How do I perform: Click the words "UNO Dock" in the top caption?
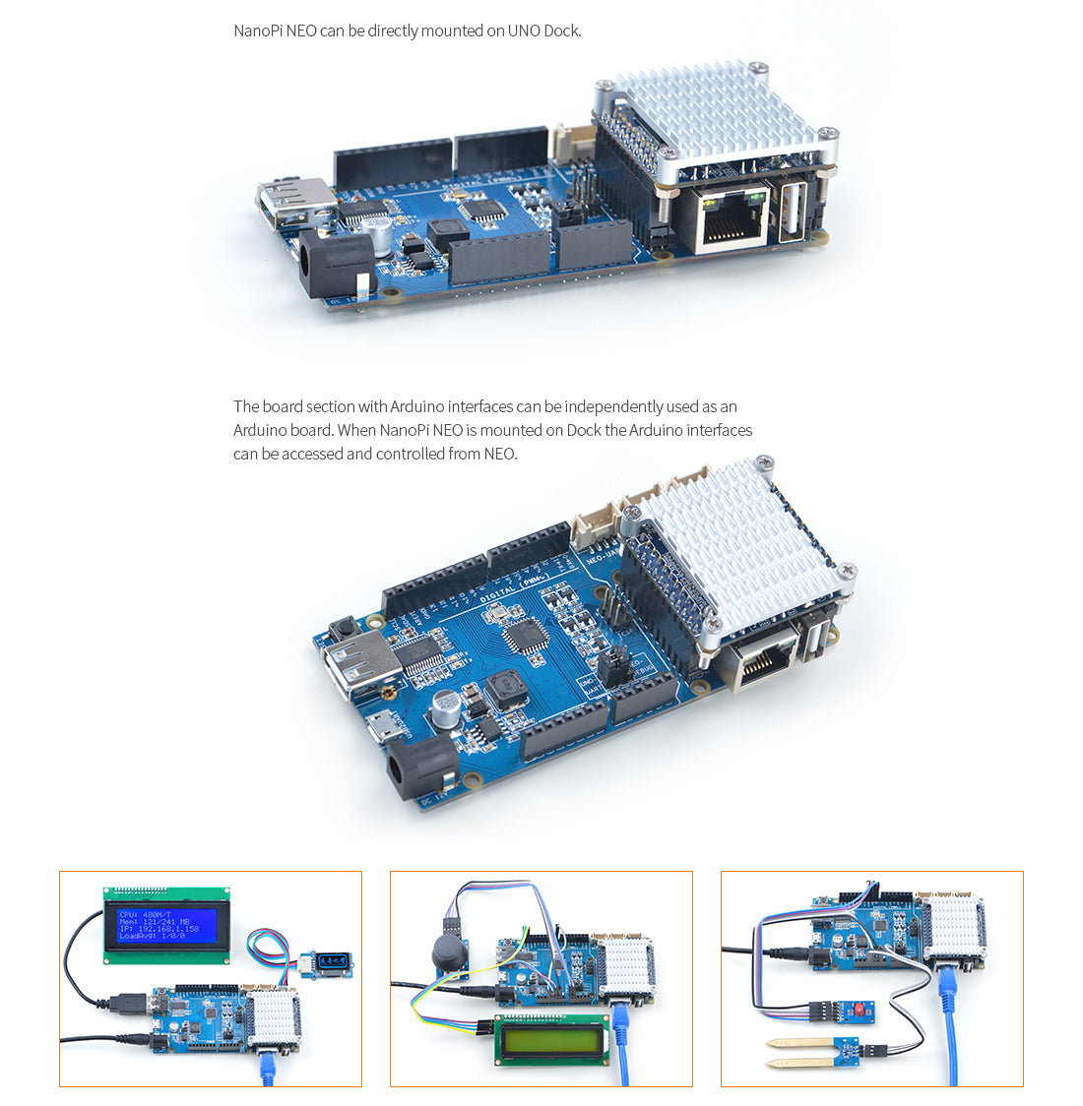(x=543, y=31)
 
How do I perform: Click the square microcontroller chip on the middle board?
(x=526, y=637)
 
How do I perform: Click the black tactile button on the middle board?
(x=344, y=629)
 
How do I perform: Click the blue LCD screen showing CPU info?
(x=166, y=925)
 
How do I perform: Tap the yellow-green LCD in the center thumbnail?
(x=552, y=1040)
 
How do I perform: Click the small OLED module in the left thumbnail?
(x=333, y=960)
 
